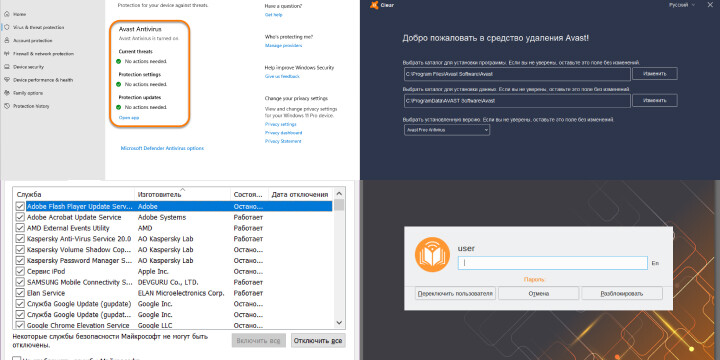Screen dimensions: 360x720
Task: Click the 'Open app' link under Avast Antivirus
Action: pos(129,117)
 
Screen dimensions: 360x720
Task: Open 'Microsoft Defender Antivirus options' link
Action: pos(162,147)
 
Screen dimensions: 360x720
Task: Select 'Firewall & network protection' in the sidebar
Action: pos(44,53)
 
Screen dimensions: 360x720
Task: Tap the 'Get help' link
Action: pos(273,15)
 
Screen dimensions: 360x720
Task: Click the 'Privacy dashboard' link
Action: pos(283,132)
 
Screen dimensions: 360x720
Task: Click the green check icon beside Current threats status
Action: pos(121,61)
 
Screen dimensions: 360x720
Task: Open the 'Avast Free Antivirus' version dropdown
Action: pos(461,129)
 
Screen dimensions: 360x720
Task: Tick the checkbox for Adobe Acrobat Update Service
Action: pos(20,217)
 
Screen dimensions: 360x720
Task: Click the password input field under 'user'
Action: pos(552,262)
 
